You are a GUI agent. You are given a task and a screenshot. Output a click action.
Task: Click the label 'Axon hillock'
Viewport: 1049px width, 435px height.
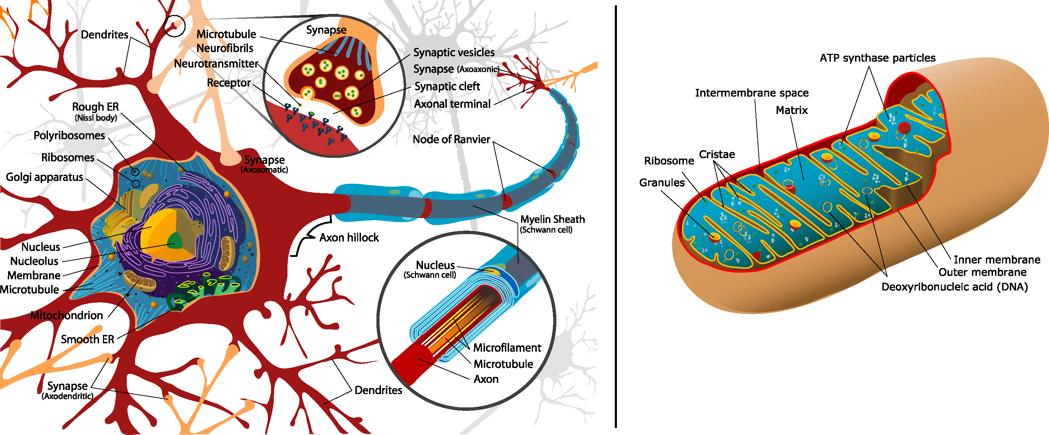(x=349, y=238)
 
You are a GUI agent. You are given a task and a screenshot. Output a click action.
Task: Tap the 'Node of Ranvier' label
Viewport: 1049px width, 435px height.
(x=451, y=140)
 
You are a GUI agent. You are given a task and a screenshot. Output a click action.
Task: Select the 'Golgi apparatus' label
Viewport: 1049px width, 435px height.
(x=44, y=177)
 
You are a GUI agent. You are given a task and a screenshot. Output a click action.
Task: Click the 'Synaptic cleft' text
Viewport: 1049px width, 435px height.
(x=447, y=87)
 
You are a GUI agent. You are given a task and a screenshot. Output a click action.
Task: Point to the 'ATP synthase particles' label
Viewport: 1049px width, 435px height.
(x=877, y=58)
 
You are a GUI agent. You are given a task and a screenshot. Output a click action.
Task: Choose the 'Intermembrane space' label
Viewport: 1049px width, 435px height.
(x=752, y=93)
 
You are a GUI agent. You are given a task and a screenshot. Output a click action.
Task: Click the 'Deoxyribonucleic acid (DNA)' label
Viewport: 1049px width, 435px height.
(x=954, y=287)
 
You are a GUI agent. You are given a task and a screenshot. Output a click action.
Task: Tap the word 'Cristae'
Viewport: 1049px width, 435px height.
(x=717, y=155)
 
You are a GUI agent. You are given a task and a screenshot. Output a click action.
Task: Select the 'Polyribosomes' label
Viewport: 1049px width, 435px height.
(x=69, y=135)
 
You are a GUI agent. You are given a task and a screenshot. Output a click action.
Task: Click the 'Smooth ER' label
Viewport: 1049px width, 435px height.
(x=88, y=340)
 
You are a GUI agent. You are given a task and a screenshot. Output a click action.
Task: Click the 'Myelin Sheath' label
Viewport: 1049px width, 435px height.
(x=553, y=220)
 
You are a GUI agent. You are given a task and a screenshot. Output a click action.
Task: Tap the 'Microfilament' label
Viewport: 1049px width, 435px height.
(x=507, y=348)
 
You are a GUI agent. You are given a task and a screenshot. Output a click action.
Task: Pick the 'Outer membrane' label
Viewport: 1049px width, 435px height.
(x=982, y=272)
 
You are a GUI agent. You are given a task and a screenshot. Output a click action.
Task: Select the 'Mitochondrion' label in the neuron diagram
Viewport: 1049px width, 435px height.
(x=67, y=315)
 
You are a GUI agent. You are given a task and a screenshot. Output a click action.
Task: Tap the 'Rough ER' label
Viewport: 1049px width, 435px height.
(x=95, y=107)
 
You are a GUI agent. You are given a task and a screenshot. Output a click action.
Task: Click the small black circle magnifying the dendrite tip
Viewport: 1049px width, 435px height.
(x=174, y=26)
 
